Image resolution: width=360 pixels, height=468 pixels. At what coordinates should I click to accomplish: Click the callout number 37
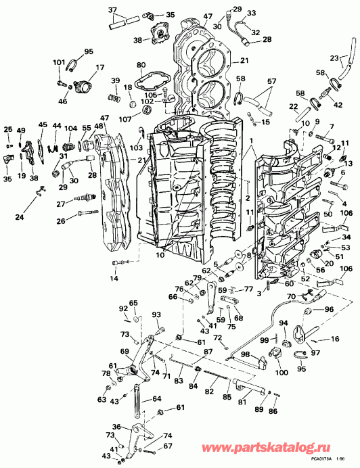(112, 9)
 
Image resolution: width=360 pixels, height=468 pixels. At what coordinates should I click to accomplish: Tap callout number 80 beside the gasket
(141, 66)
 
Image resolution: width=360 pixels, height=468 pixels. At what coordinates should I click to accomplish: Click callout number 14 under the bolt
(114, 279)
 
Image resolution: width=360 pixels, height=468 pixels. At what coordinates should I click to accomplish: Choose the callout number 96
(330, 310)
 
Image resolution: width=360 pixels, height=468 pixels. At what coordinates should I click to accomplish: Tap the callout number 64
(157, 398)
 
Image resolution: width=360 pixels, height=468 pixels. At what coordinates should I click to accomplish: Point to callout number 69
(124, 352)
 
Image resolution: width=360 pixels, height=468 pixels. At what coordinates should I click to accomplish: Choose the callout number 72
(217, 337)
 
